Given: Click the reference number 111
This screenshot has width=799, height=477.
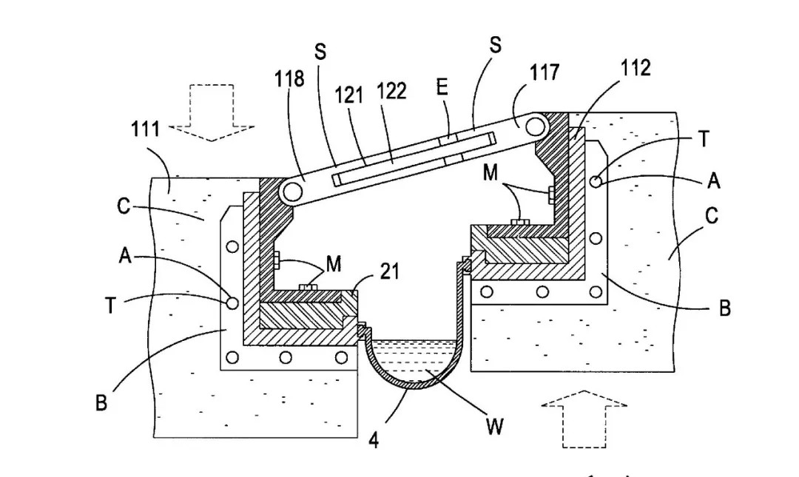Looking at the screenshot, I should click(145, 129).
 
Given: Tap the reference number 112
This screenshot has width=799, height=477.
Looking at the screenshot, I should click(636, 68).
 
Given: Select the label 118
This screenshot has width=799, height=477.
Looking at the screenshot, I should click(289, 78).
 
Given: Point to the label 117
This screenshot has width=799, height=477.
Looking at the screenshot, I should click(545, 72).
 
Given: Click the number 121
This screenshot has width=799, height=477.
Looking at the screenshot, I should click(349, 94).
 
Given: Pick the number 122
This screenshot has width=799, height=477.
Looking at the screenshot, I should click(391, 91).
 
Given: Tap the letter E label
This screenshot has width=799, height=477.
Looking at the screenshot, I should click(442, 87).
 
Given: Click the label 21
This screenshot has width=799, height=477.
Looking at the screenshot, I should click(389, 271).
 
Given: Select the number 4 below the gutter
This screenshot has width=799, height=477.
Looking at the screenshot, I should click(374, 440).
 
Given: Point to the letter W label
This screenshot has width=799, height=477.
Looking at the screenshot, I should click(495, 427).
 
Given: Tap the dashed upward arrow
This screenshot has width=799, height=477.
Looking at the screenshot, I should click(584, 418).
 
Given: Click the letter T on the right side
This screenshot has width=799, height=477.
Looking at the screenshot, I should click(704, 138).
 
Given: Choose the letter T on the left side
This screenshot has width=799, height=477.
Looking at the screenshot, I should click(110, 305).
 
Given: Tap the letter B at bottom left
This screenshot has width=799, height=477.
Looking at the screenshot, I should click(101, 403).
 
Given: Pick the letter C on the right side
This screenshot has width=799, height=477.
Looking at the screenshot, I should click(711, 217).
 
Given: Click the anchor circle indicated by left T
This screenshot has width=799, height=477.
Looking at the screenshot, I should click(232, 302).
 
